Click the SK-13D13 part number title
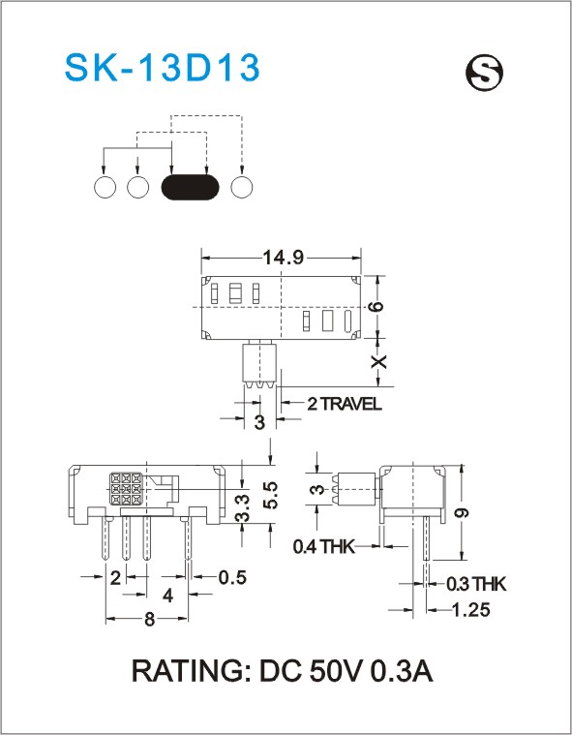coord(162,68)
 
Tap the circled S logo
coord(484,74)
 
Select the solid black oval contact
coord(190,187)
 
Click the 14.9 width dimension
coord(283,258)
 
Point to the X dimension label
coord(378,361)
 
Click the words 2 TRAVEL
coord(345,404)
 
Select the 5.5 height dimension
coord(270,495)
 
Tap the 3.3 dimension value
coord(242,508)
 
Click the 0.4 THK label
coord(323,546)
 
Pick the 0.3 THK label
coord(476,584)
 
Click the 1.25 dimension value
coord(470,610)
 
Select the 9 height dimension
coord(462,512)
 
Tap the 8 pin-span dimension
coord(149,620)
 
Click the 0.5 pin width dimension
coord(232,577)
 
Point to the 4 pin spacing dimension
coord(167,596)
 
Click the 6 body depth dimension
coord(376,307)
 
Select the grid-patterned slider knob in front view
coord(126,488)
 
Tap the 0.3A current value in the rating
coord(402,671)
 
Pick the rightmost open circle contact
coord(242,187)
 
